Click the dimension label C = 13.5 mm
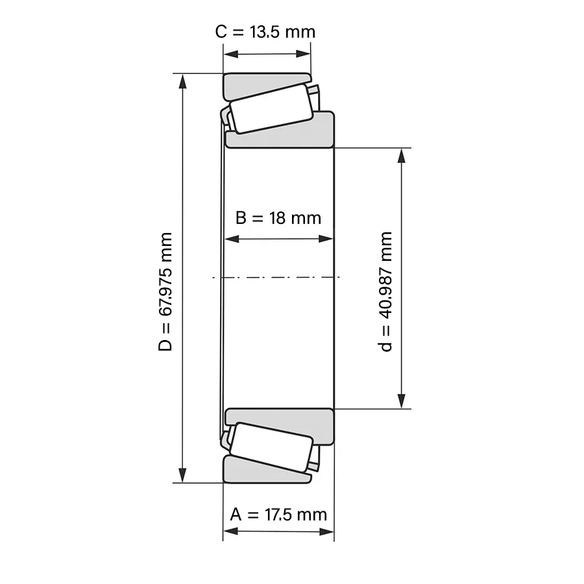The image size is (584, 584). tap(265, 32)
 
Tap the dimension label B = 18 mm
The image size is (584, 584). tap(278, 218)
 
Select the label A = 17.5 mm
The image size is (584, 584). tap(278, 515)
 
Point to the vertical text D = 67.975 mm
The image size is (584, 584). tap(165, 291)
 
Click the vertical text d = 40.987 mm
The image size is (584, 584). tap(385, 291)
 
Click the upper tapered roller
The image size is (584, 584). tap(271, 108)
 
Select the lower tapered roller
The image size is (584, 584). tap(271, 447)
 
